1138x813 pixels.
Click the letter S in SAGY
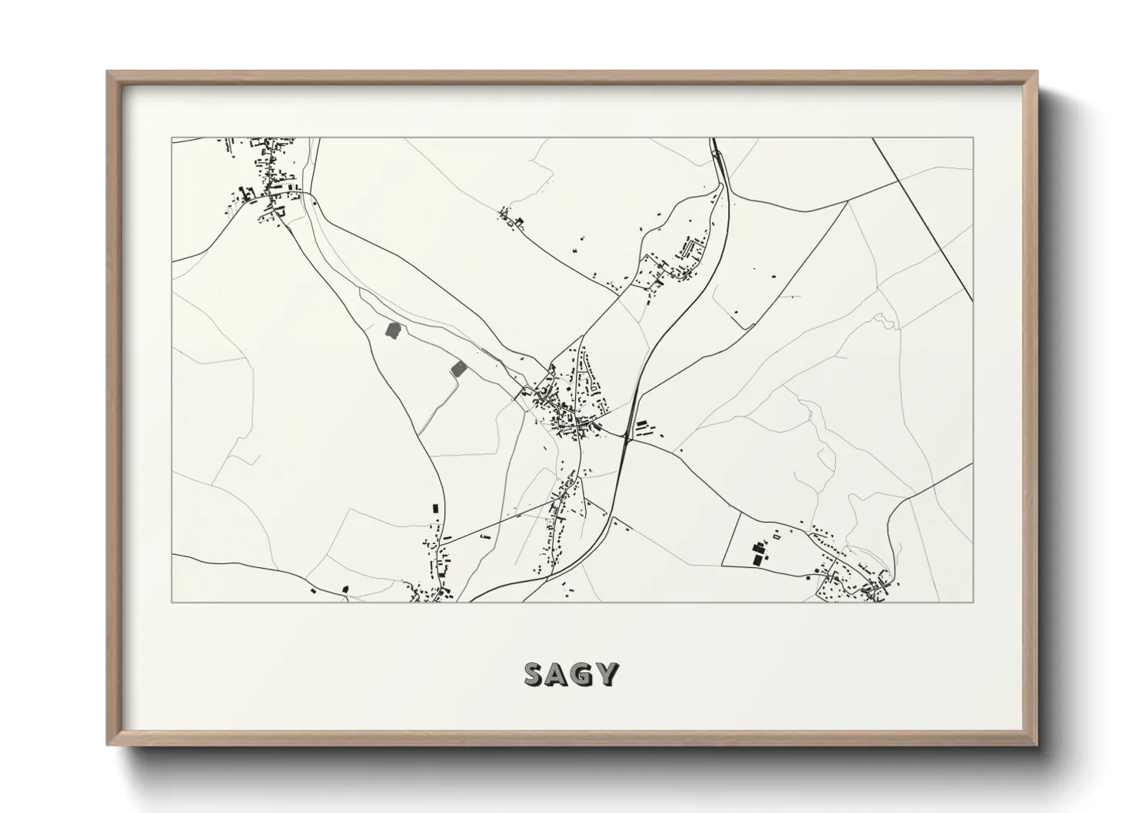click(535, 674)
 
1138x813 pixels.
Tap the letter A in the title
click(560, 674)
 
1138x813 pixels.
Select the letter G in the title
click(584, 674)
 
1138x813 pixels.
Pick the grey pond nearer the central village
click(458, 368)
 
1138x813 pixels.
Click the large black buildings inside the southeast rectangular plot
click(760, 553)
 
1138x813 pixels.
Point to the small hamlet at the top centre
click(511, 218)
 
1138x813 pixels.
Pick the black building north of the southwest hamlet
click(436, 508)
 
